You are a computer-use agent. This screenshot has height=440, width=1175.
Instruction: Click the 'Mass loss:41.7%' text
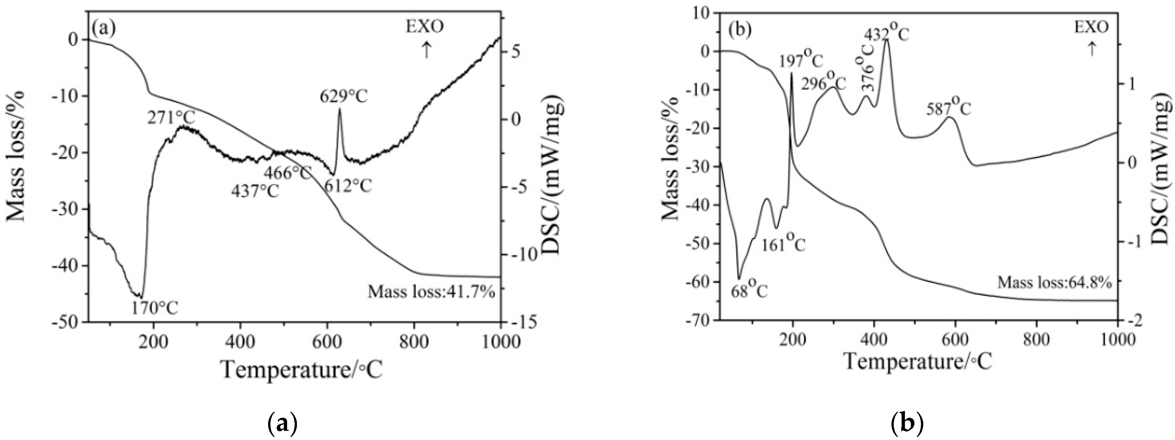(x=431, y=291)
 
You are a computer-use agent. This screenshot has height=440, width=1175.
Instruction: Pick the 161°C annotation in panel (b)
(x=783, y=244)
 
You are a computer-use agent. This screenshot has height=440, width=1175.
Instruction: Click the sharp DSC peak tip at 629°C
(x=340, y=110)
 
